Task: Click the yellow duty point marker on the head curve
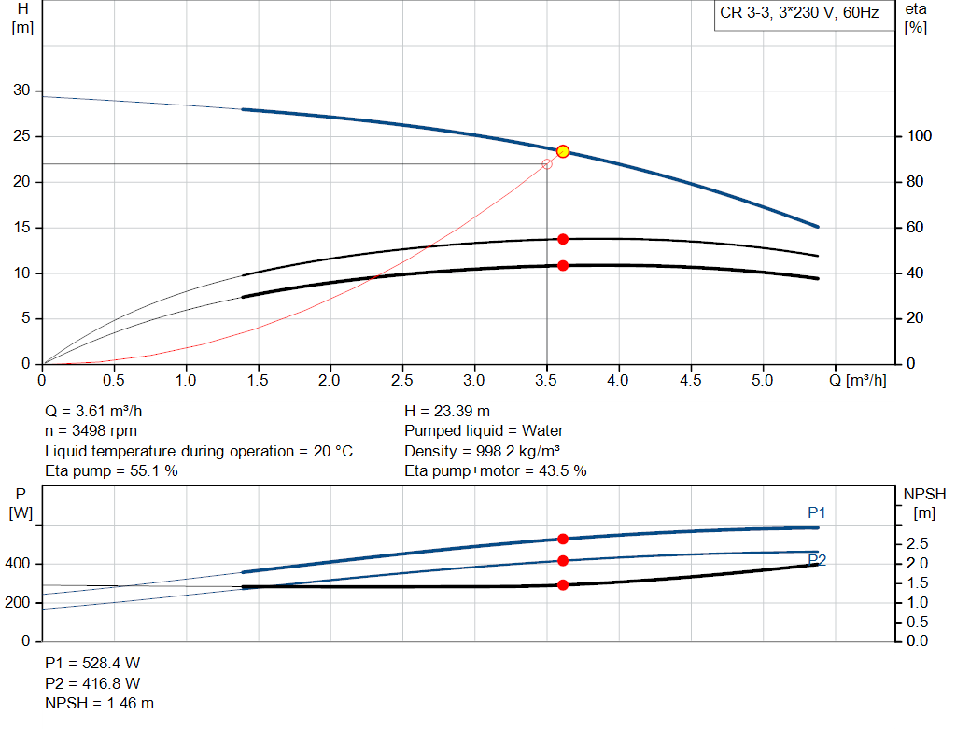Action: pyautogui.click(x=563, y=151)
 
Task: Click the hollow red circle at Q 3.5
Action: pyautogui.click(x=547, y=164)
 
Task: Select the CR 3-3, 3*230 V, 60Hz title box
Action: pyautogui.click(x=799, y=14)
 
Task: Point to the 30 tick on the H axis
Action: pyautogui.click(x=21, y=91)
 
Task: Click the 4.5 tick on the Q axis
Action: pyautogui.click(x=691, y=381)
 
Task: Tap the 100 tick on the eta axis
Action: pyautogui.click(x=915, y=136)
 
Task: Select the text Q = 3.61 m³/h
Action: pyautogui.click(x=93, y=411)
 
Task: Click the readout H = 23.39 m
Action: pyautogui.click(x=447, y=411)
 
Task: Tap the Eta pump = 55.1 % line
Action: pyautogui.click(x=111, y=470)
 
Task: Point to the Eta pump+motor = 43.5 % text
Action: pyautogui.click(x=495, y=470)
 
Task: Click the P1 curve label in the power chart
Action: pyautogui.click(x=817, y=512)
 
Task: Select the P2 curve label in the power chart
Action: pyautogui.click(x=817, y=560)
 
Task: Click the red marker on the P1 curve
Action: pyautogui.click(x=563, y=539)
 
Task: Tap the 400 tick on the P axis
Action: pyautogui.click(x=21, y=564)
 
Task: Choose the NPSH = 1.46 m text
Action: pyautogui.click(x=100, y=703)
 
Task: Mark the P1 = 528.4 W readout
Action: pyautogui.click(x=93, y=663)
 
